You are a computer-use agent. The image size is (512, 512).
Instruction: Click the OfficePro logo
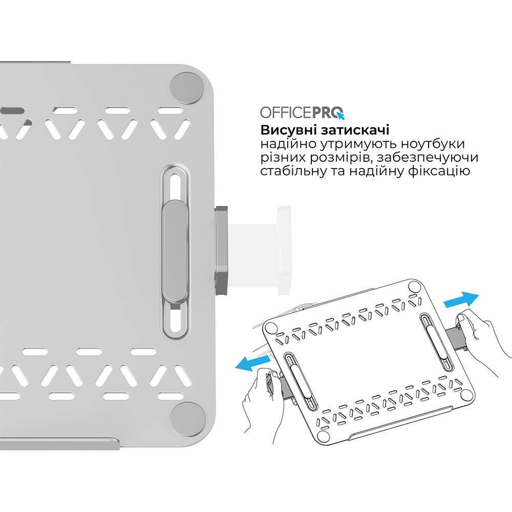pos(302,112)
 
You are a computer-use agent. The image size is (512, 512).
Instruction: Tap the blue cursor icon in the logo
pos(340,115)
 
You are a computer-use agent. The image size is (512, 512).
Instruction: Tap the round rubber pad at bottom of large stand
pos(187,416)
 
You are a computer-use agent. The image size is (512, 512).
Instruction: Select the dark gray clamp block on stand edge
pos(222,251)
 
